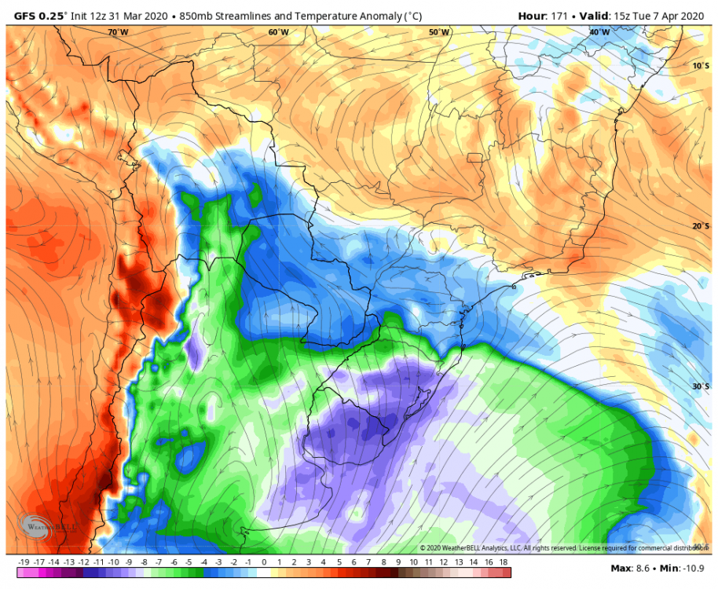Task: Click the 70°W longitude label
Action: coord(118,32)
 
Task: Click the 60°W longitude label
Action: coord(278,32)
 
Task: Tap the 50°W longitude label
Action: coord(439,32)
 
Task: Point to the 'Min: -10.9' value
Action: coord(683,568)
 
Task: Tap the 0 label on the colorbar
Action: coord(264,562)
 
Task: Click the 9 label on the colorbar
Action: coord(398,562)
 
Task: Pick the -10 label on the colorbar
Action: coord(113,562)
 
